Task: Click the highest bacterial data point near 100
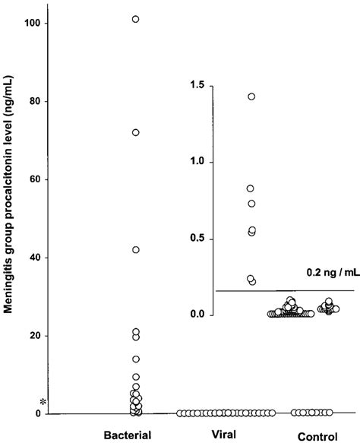click(x=136, y=19)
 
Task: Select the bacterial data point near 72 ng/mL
click(x=136, y=132)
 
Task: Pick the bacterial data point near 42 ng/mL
click(x=136, y=249)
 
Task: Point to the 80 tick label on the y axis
click(x=33, y=102)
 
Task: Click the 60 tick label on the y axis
click(x=33, y=180)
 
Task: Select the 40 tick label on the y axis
click(x=33, y=258)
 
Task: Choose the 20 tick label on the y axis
click(x=33, y=337)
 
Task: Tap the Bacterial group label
click(x=128, y=435)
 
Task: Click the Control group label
click(x=311, y=436)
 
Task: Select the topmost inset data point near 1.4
click(x=251, y=97)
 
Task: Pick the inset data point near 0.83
click(x=251, y=188)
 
